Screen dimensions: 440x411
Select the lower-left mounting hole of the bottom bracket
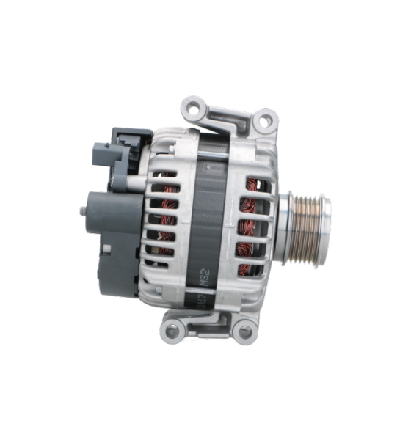click(172, 331)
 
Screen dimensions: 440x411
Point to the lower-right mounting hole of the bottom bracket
click(243, 331)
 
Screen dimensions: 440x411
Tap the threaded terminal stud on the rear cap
click(81, 211)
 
